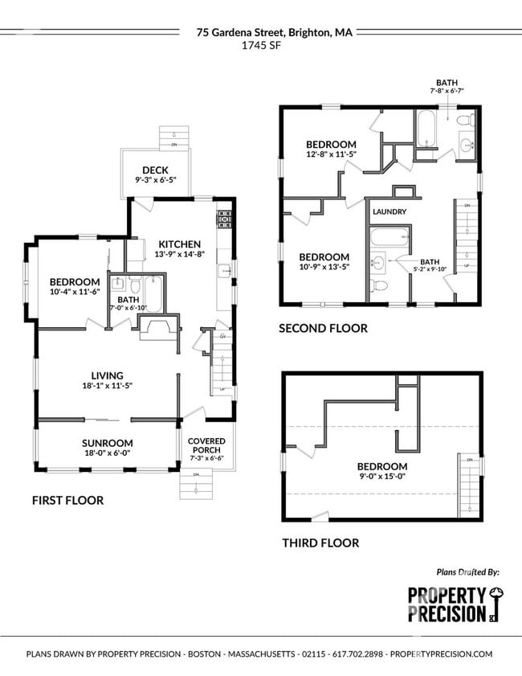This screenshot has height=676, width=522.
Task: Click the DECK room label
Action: pos(154,170)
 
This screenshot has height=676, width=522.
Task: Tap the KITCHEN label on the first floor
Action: pos(179,244)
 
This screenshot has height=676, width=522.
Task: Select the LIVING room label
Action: pos(107,375)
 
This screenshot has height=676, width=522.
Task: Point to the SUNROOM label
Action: pos(107,443)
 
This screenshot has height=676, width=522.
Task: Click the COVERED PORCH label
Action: pos(206,445)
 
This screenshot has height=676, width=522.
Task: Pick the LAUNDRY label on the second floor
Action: pos(389,211)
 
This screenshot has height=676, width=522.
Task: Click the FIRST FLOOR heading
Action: pos(67,500)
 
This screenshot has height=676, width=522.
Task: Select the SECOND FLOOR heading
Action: pos(323,328)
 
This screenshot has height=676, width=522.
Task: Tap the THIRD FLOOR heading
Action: pos(320,543)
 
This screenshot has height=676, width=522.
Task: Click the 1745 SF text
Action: pos(261,46)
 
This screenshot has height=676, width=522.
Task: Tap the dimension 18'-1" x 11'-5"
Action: pos(107,386)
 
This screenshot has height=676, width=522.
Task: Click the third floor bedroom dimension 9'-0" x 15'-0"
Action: pos(382,477)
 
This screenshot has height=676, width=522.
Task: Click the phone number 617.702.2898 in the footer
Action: pos(351,654)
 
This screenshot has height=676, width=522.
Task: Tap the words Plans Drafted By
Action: pos(467,572)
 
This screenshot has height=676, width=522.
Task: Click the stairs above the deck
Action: pos(174,137)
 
